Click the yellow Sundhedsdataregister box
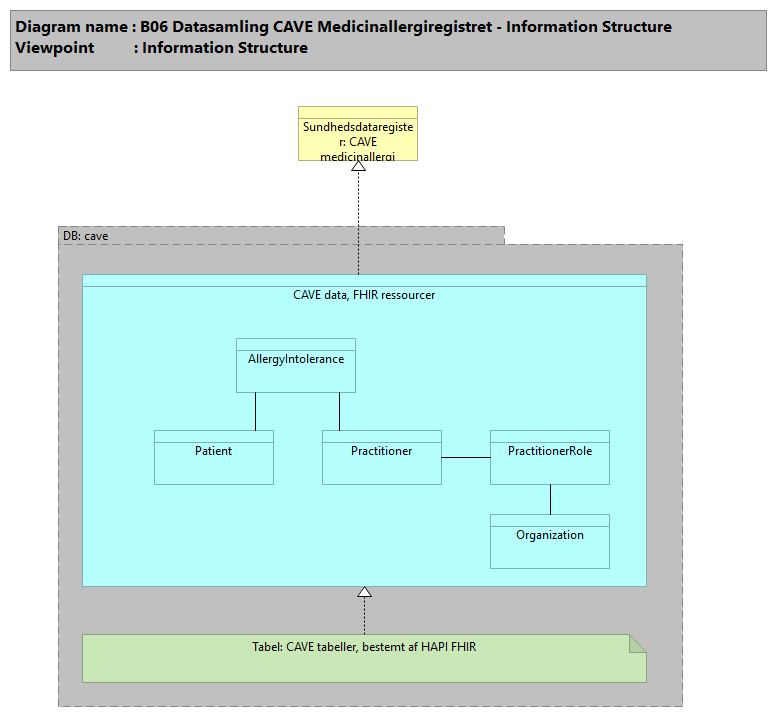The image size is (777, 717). [x=358, y=134]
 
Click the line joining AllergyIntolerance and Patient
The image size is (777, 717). [x=255, y=411]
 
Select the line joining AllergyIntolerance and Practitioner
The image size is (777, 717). [x=339, y=411]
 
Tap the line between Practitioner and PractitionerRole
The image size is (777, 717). [x=466, y=458]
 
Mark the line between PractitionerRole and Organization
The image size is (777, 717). [x=550, y=499]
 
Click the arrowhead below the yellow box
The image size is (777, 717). [x=358, y=166]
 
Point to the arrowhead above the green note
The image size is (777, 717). [x=365, y=592]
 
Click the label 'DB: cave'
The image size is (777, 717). [x=86, y=236]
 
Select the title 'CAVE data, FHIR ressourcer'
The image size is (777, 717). [x=364, y=295]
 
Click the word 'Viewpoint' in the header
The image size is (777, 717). [x=55, y=48]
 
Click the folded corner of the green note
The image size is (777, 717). [x=637, y=643]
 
